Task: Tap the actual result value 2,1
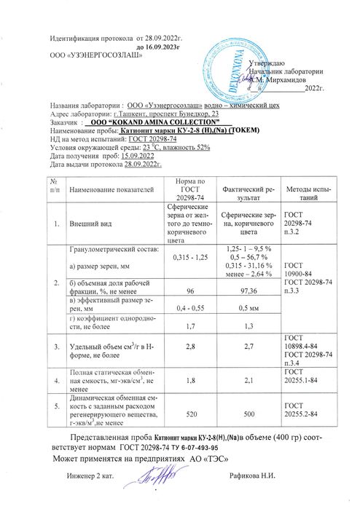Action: point(246,380)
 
